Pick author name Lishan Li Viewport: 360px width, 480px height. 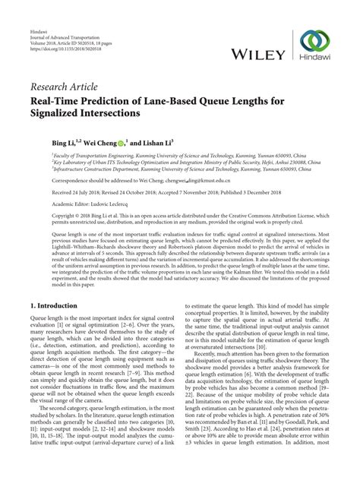click(x=169, y=141)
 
